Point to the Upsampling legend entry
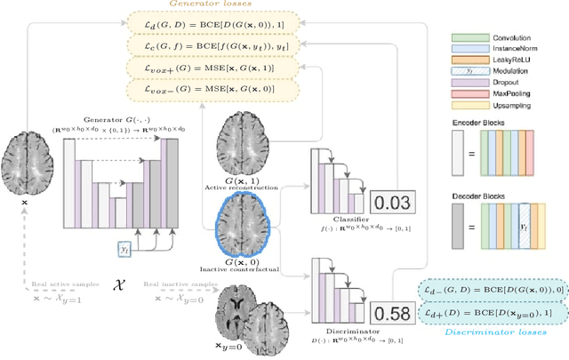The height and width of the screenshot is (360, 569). click(x=504, y=116)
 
